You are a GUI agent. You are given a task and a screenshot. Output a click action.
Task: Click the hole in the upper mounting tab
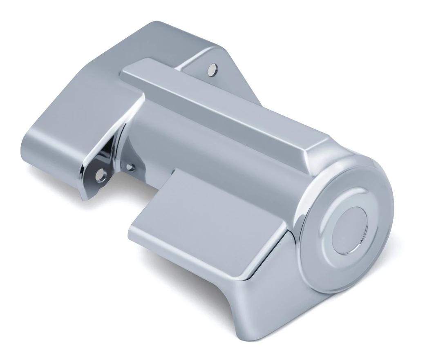213,69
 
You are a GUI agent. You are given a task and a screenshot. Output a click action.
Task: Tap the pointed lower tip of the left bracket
84,198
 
